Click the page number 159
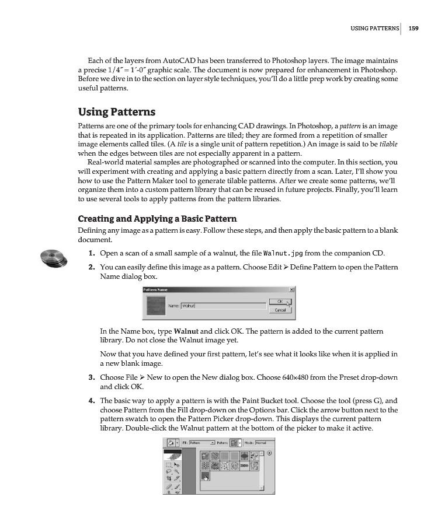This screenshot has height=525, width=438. tap(414, 27)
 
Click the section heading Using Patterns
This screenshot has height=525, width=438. tap(117, 111)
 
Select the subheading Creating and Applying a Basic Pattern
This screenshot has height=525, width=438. tap(157, 219)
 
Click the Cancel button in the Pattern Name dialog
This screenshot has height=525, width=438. tap(280, 310)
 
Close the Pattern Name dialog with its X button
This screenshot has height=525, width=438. tap(291, 289)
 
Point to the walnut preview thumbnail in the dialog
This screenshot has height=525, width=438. tap(155, 305)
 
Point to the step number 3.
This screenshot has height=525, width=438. tap(92, 377)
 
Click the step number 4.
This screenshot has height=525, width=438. tap(92, 401)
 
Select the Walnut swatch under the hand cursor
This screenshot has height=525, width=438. tap(205, 477)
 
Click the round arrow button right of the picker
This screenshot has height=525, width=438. tap(270, 453)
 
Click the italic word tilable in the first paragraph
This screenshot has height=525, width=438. tap(389, 143)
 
